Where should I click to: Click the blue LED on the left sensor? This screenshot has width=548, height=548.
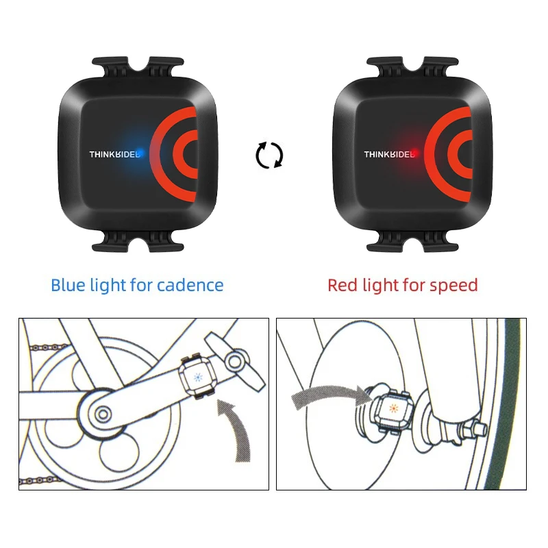139,152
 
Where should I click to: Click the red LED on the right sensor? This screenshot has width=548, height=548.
414,152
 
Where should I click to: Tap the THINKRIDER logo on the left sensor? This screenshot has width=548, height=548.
114,154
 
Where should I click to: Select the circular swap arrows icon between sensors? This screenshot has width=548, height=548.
270,155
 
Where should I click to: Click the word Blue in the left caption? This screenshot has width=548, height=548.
68,285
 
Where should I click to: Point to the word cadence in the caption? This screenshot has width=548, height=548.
190,285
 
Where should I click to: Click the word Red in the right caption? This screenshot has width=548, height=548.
342,285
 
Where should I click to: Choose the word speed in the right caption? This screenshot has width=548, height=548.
454,285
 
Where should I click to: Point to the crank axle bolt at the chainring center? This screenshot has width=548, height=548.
102,413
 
